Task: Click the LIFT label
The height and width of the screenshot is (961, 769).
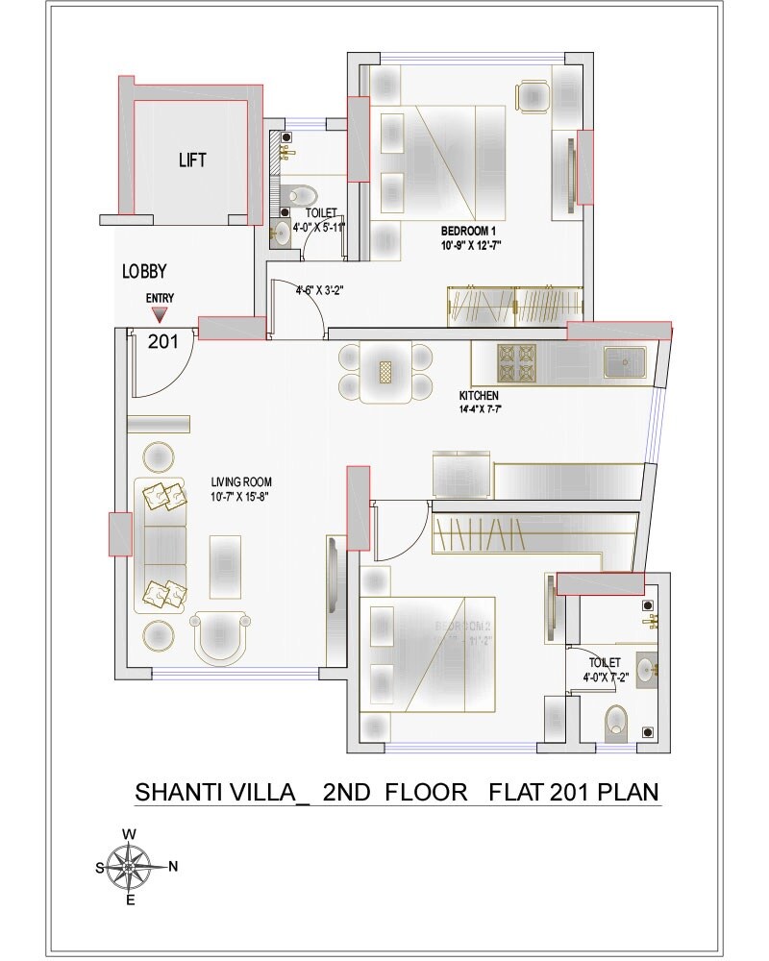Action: pos(192,160)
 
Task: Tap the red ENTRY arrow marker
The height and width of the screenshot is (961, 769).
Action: pos(160,314)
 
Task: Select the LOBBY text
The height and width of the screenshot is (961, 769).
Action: pos(144,272)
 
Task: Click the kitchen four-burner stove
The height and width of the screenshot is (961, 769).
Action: pos(516,363)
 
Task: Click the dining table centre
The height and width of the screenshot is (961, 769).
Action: pos(386,373)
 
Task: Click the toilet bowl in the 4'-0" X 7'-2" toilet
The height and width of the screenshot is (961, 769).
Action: pos(616,723)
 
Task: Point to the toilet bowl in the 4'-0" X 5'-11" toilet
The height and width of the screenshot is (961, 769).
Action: pos(295,195)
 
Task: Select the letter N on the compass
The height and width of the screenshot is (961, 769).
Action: pos(173,867)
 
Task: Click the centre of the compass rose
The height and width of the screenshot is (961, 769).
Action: pos(130,865)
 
